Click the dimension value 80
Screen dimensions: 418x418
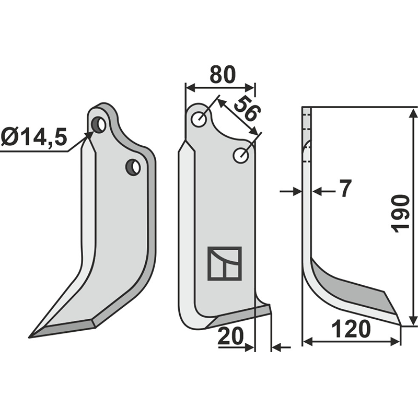tap(222, 74)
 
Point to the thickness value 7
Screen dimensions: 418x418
tap(345, 189)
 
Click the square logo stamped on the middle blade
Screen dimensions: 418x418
tap(224, 263)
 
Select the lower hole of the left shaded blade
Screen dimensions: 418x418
tap(133, 167)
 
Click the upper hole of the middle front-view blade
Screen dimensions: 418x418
tap(199, 119)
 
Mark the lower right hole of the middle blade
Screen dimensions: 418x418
tap(241, 155)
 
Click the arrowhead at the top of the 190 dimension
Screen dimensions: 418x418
tap(413, 111)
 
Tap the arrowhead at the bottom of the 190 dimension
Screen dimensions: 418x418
tap(413, 321)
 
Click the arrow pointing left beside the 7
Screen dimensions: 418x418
tap(317, 192)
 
